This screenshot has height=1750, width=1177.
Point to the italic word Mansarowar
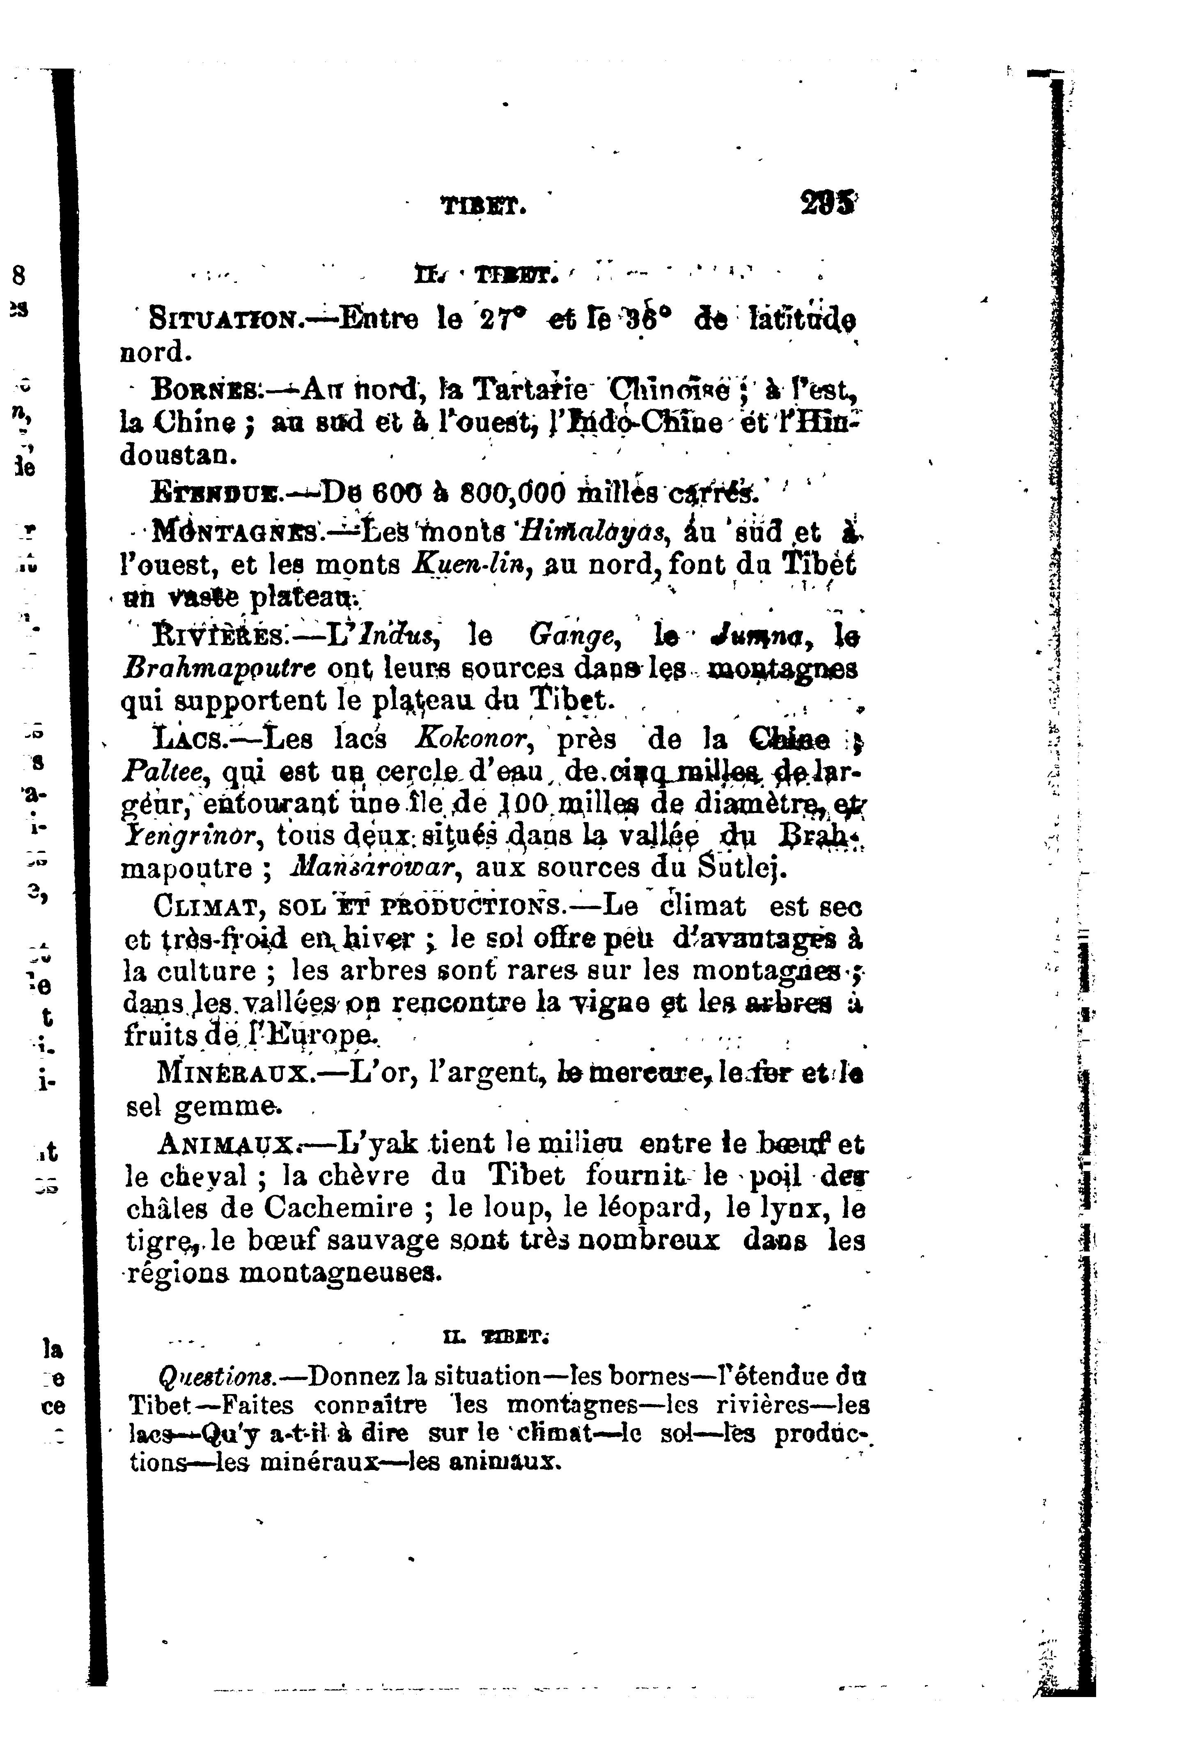372,868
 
